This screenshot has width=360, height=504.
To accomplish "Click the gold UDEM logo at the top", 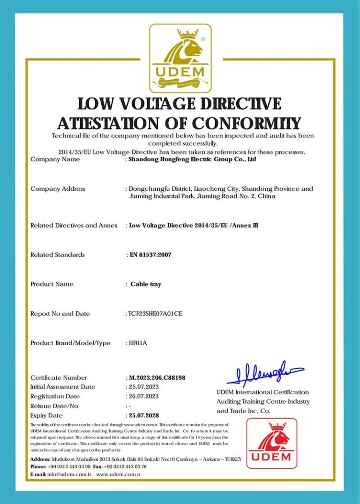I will coord(180,58).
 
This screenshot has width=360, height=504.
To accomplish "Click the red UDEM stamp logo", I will coord(272,443).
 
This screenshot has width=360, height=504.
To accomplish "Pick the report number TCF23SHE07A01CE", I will coord(155,314).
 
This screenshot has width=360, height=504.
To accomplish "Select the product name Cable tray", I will coord(146,284).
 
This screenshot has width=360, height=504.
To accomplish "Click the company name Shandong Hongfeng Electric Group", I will coord(193,159).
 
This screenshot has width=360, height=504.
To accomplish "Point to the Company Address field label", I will coord(58,189).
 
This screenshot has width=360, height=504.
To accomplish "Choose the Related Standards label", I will coord(58,255).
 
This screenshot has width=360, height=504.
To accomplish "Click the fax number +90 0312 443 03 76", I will coord(125,467).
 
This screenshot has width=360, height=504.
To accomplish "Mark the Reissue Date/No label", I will coord(54,406).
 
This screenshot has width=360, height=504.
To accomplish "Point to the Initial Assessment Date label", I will coord(63,387).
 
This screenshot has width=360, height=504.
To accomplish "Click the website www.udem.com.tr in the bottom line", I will coord(119,474).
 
